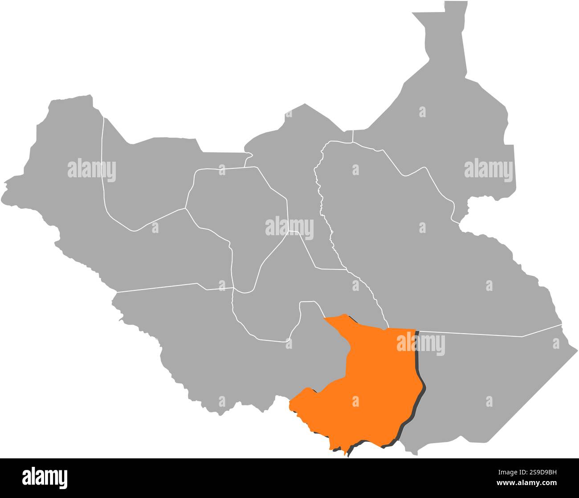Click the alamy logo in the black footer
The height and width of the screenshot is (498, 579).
(45, 477)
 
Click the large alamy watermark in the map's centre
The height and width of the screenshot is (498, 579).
(289, 228)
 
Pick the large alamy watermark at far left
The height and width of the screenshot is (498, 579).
(92, 170)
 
